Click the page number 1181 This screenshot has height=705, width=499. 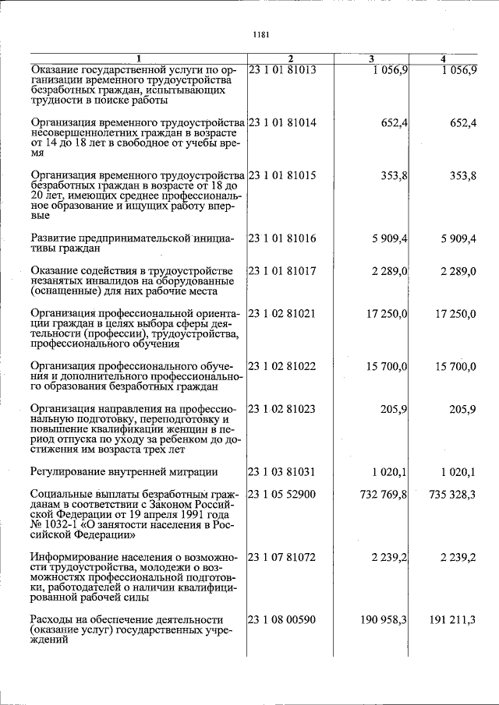[x=261, y=33]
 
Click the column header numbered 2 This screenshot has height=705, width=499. [x=289, y=59]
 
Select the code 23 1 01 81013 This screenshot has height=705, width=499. [x=282, y=70]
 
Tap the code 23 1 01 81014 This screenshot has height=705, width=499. [x=282, y=122]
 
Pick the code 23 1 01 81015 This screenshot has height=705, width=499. [x=282, y=175]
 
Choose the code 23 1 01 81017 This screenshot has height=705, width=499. [x=282, y=270]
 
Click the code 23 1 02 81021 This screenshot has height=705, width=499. [x=282, y=313]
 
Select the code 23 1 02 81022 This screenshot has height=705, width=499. [x=282, y=366]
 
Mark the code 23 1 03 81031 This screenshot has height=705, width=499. [x=282, y=471]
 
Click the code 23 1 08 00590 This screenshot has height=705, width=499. [x=282, y=619]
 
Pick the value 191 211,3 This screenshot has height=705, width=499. [x=452, y=619]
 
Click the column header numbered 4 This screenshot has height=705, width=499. [x=443, y=59]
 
